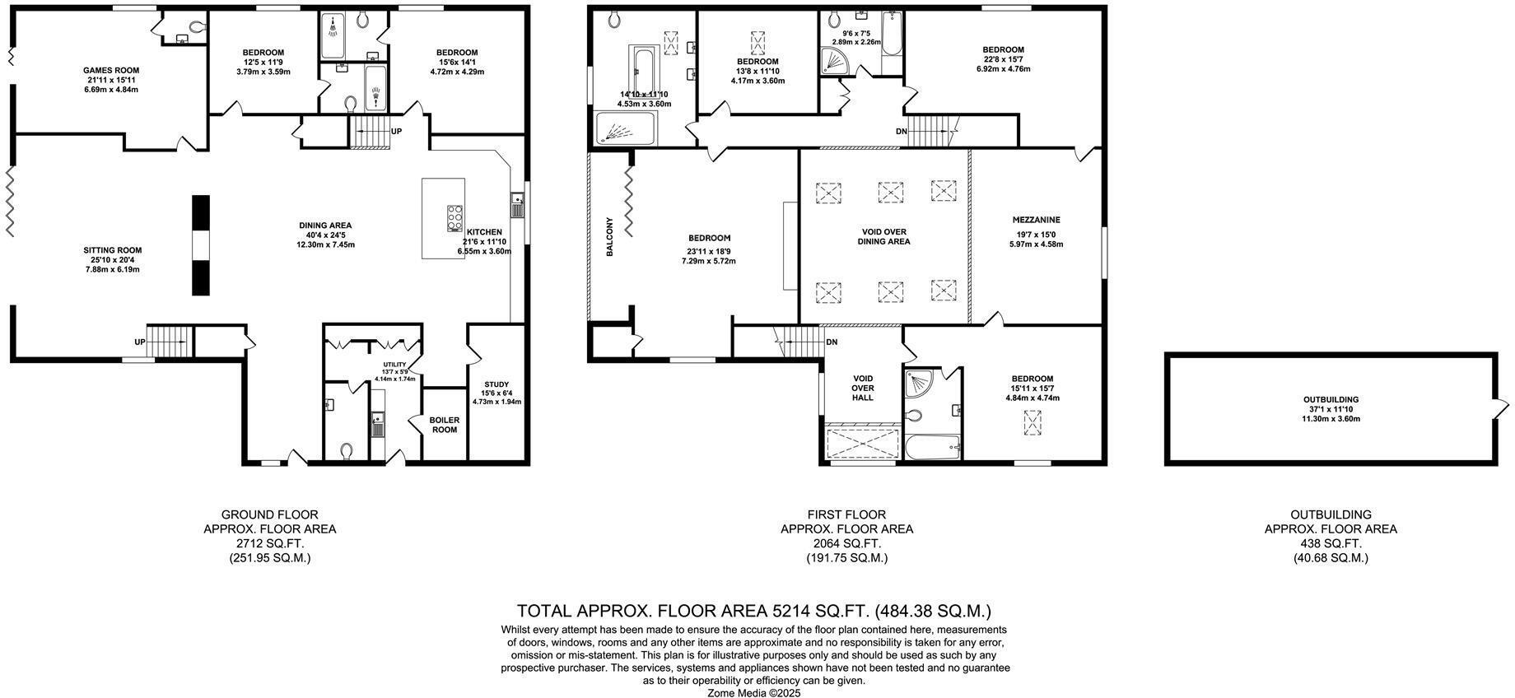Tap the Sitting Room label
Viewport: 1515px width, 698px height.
coord(112,250)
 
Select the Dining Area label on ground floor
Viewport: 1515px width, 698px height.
coord(324,226)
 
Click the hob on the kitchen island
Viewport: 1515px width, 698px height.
coord(454,218)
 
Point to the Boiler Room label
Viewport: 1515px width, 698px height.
coord(445,425)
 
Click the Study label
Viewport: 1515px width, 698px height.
coord(496,384)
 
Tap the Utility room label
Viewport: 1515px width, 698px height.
coord(394,364)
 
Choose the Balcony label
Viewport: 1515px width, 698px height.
coord(610,237)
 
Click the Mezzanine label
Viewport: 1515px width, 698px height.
coord(1036,220)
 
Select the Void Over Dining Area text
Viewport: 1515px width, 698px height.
coord(883,237)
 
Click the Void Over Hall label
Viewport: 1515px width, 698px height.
coord(863,388)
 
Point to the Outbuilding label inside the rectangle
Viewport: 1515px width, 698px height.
coord(1330,400)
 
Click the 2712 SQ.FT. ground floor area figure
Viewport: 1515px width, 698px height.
coord(269,543)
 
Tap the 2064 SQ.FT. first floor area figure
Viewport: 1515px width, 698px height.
coord(846,543)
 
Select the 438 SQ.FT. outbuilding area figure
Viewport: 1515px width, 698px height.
coord(1331,543)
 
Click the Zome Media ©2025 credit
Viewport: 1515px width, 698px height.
coord(753,693)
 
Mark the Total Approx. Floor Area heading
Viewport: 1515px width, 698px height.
coord(753,611)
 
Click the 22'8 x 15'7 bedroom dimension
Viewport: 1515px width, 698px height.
coord(1003,59)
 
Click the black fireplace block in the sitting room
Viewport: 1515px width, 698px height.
coord(201,244)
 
